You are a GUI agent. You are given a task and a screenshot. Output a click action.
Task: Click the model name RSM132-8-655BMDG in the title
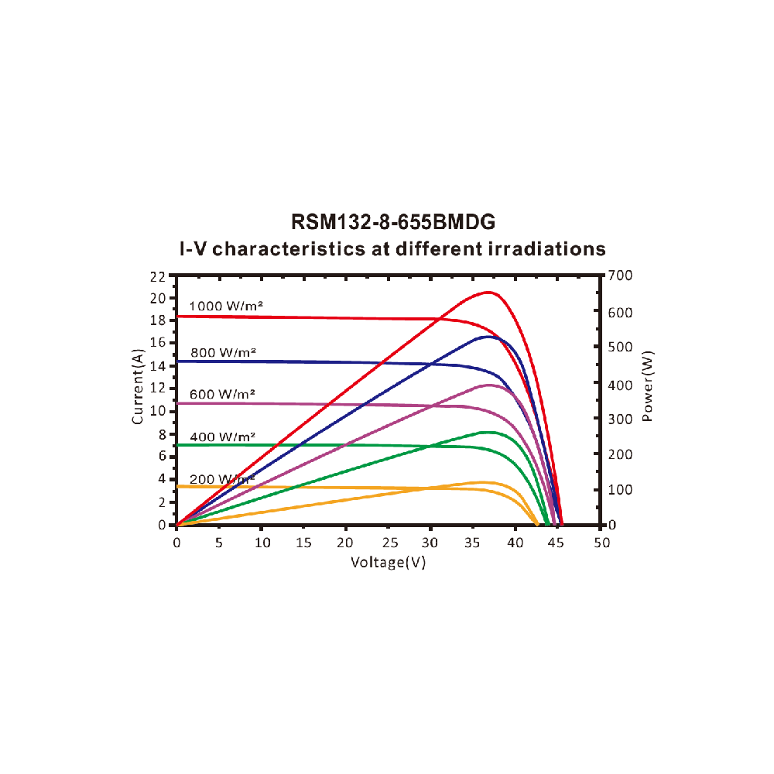tap(392, 222)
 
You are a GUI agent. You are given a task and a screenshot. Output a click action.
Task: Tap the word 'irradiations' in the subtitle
tap(538, 248)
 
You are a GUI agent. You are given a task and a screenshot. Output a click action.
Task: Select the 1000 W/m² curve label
tap(227, 306)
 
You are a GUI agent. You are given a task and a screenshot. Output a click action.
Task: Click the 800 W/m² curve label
tap(223, 353)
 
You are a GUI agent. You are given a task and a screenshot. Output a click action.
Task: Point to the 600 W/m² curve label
tap(223, 394)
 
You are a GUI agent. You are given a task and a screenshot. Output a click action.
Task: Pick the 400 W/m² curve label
tap(223, 437)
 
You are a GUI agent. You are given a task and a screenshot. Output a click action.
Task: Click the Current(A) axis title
tap(139, 387)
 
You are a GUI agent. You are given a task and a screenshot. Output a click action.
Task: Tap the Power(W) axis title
tap(648, 387)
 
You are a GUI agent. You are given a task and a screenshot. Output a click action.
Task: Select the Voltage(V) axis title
tap(389, 562)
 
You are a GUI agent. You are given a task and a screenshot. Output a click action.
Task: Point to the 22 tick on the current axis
tap(158, 276)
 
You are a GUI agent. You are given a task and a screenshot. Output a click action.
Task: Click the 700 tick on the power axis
tap(622, 276)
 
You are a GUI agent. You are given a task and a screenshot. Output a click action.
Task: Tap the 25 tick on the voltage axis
tap(389, 543)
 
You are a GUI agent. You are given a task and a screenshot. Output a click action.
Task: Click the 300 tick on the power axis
tap(622, 418)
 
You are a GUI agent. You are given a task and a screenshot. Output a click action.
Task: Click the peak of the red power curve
tap(488, 292)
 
